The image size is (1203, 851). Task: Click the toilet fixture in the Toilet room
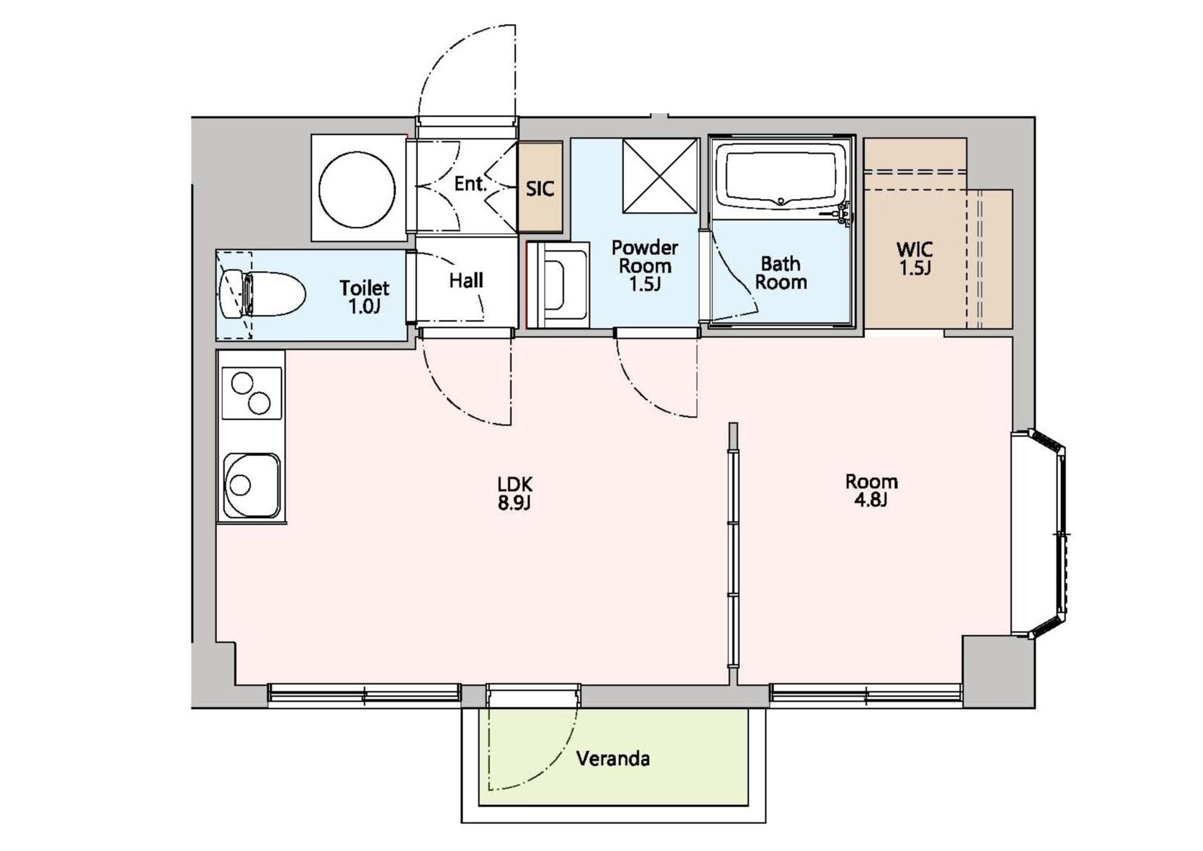[261, 294]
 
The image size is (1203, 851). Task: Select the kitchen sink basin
[251, 485]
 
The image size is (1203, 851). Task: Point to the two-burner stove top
[251, 393]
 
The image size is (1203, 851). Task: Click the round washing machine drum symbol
[357, 189]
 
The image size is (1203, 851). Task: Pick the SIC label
[540, 189]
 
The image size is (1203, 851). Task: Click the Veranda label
[612, 758]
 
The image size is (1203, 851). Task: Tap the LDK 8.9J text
[515, 493]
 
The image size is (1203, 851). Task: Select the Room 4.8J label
[871, 490]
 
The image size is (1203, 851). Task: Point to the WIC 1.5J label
[915, 259]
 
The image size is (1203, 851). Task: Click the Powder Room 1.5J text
[644, 265]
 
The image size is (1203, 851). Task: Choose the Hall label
[466, 280]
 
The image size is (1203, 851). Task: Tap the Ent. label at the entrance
[470, 184]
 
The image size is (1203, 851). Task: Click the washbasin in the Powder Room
[558, 285]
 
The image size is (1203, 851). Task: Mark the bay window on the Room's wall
[1038, 533]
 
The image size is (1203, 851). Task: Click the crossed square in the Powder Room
[660, 176]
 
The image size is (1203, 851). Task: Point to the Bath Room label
[781, 273]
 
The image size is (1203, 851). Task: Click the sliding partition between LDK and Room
[733, 545]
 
